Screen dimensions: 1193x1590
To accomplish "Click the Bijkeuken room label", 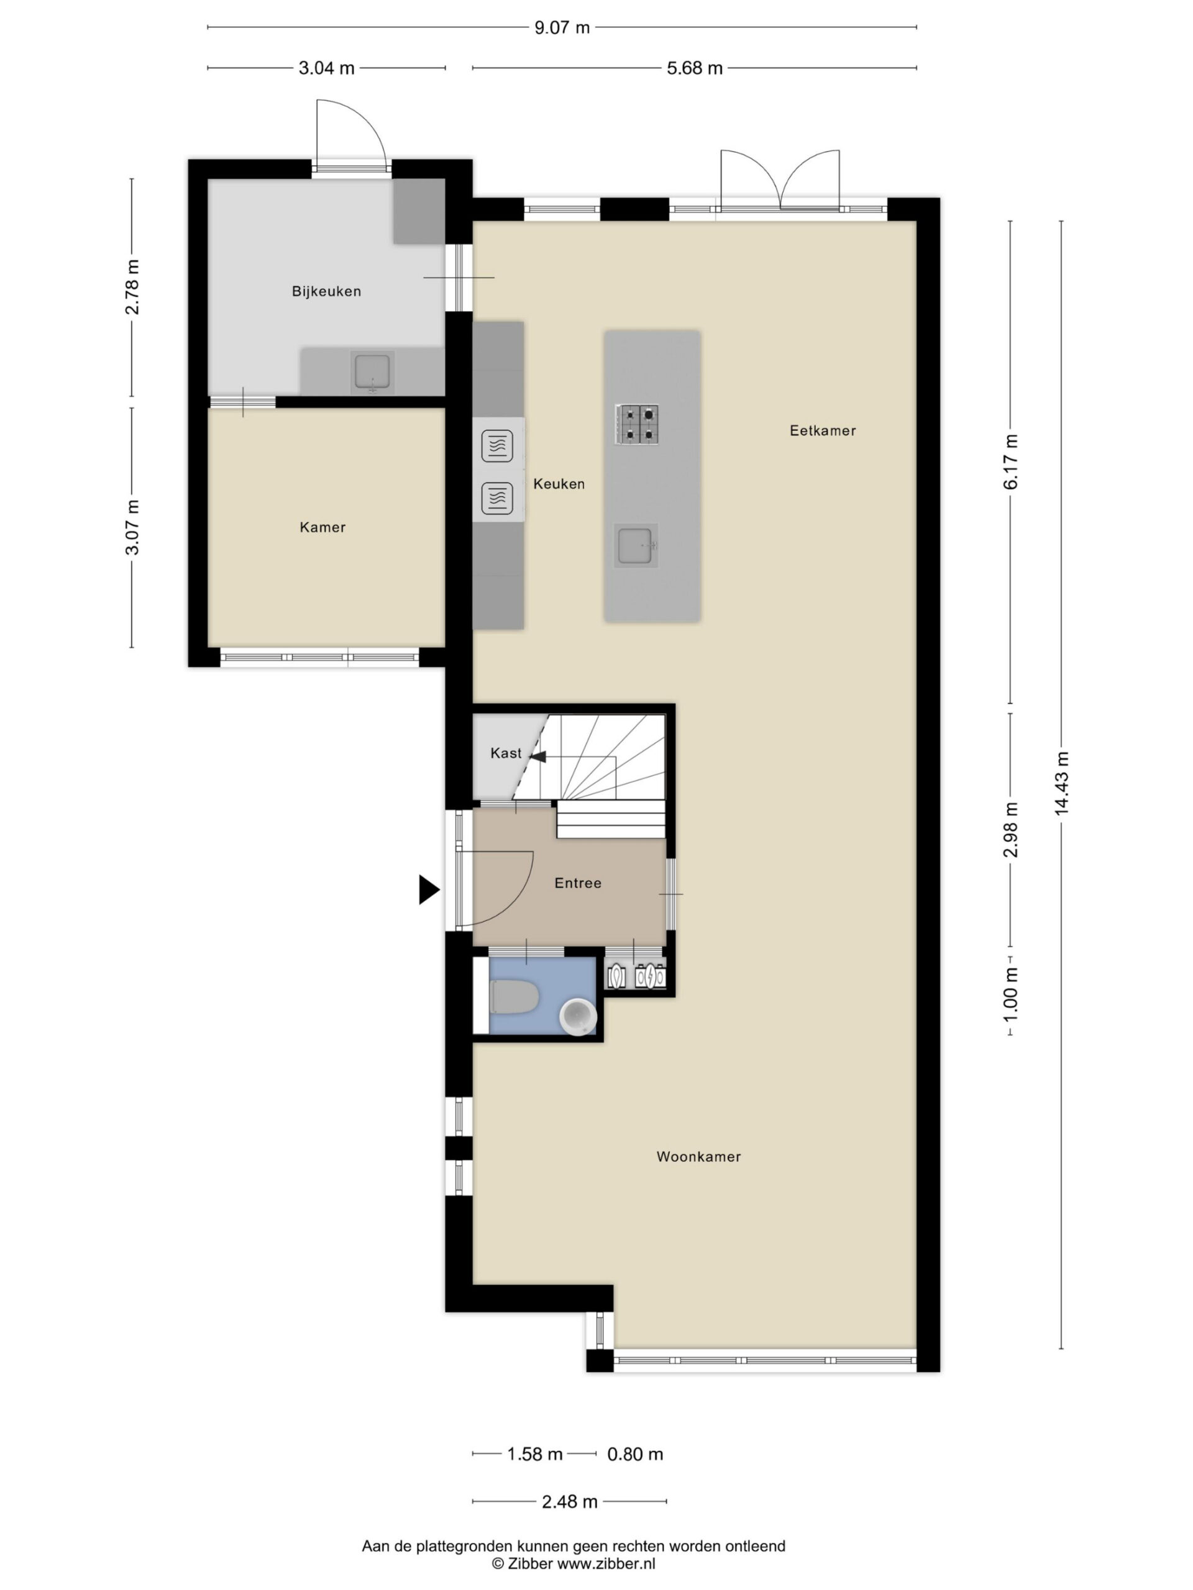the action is [x=326, y=291].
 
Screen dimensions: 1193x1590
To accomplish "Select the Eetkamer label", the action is [x=822, y=430].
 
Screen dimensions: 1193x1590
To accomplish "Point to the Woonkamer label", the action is [x=698, y=1156].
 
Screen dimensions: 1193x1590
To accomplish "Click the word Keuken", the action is [x=559, y=484].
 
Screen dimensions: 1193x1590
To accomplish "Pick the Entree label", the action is [x=577, y=883].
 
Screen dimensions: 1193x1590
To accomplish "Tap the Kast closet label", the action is [x=506, y=753].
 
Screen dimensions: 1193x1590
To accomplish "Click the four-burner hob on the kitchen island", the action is [x=636, y=424].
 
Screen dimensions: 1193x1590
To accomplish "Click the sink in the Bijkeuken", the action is [x=372, y=372].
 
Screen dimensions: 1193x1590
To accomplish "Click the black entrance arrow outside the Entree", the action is [x=429, y=890].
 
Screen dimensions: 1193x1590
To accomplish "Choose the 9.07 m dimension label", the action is [x=562, y=27].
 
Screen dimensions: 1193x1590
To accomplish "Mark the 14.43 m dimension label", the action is [x=1061, y=783].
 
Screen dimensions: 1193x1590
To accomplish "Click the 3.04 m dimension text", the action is [x=326, y=68].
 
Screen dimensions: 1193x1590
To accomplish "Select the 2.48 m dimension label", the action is [x=570, y=1502].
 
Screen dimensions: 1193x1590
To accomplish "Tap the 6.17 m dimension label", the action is [x=1010, y=461].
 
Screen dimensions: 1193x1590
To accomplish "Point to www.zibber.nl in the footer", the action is [x=606, y=1563].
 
